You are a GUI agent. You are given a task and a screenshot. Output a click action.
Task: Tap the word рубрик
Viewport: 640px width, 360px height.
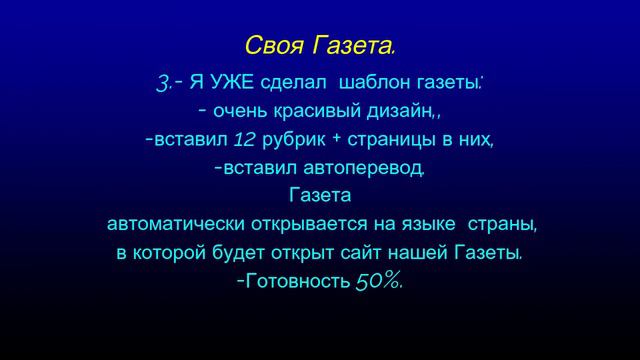(x=293, y=139)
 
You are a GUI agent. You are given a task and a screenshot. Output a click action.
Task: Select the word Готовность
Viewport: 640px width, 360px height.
(x=297, y=281)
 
